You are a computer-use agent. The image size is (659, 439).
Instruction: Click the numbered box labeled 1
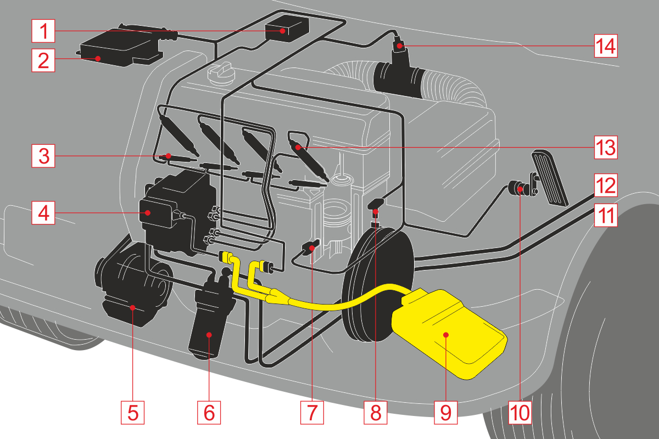click(43, 31)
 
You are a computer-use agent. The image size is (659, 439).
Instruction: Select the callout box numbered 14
click(605, 46)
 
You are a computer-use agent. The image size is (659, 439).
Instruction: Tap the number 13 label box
click(605, 147)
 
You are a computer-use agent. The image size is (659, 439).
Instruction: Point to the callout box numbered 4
click(43, 212)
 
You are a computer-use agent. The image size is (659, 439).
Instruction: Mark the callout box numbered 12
click(605, 185)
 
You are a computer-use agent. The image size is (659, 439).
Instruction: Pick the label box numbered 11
click(605, 215)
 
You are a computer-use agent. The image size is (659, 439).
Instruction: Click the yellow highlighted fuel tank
click(448, 335)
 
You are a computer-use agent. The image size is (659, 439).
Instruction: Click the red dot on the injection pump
click(147, 212)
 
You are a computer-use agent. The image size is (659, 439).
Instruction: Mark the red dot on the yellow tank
click(446, 334)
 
